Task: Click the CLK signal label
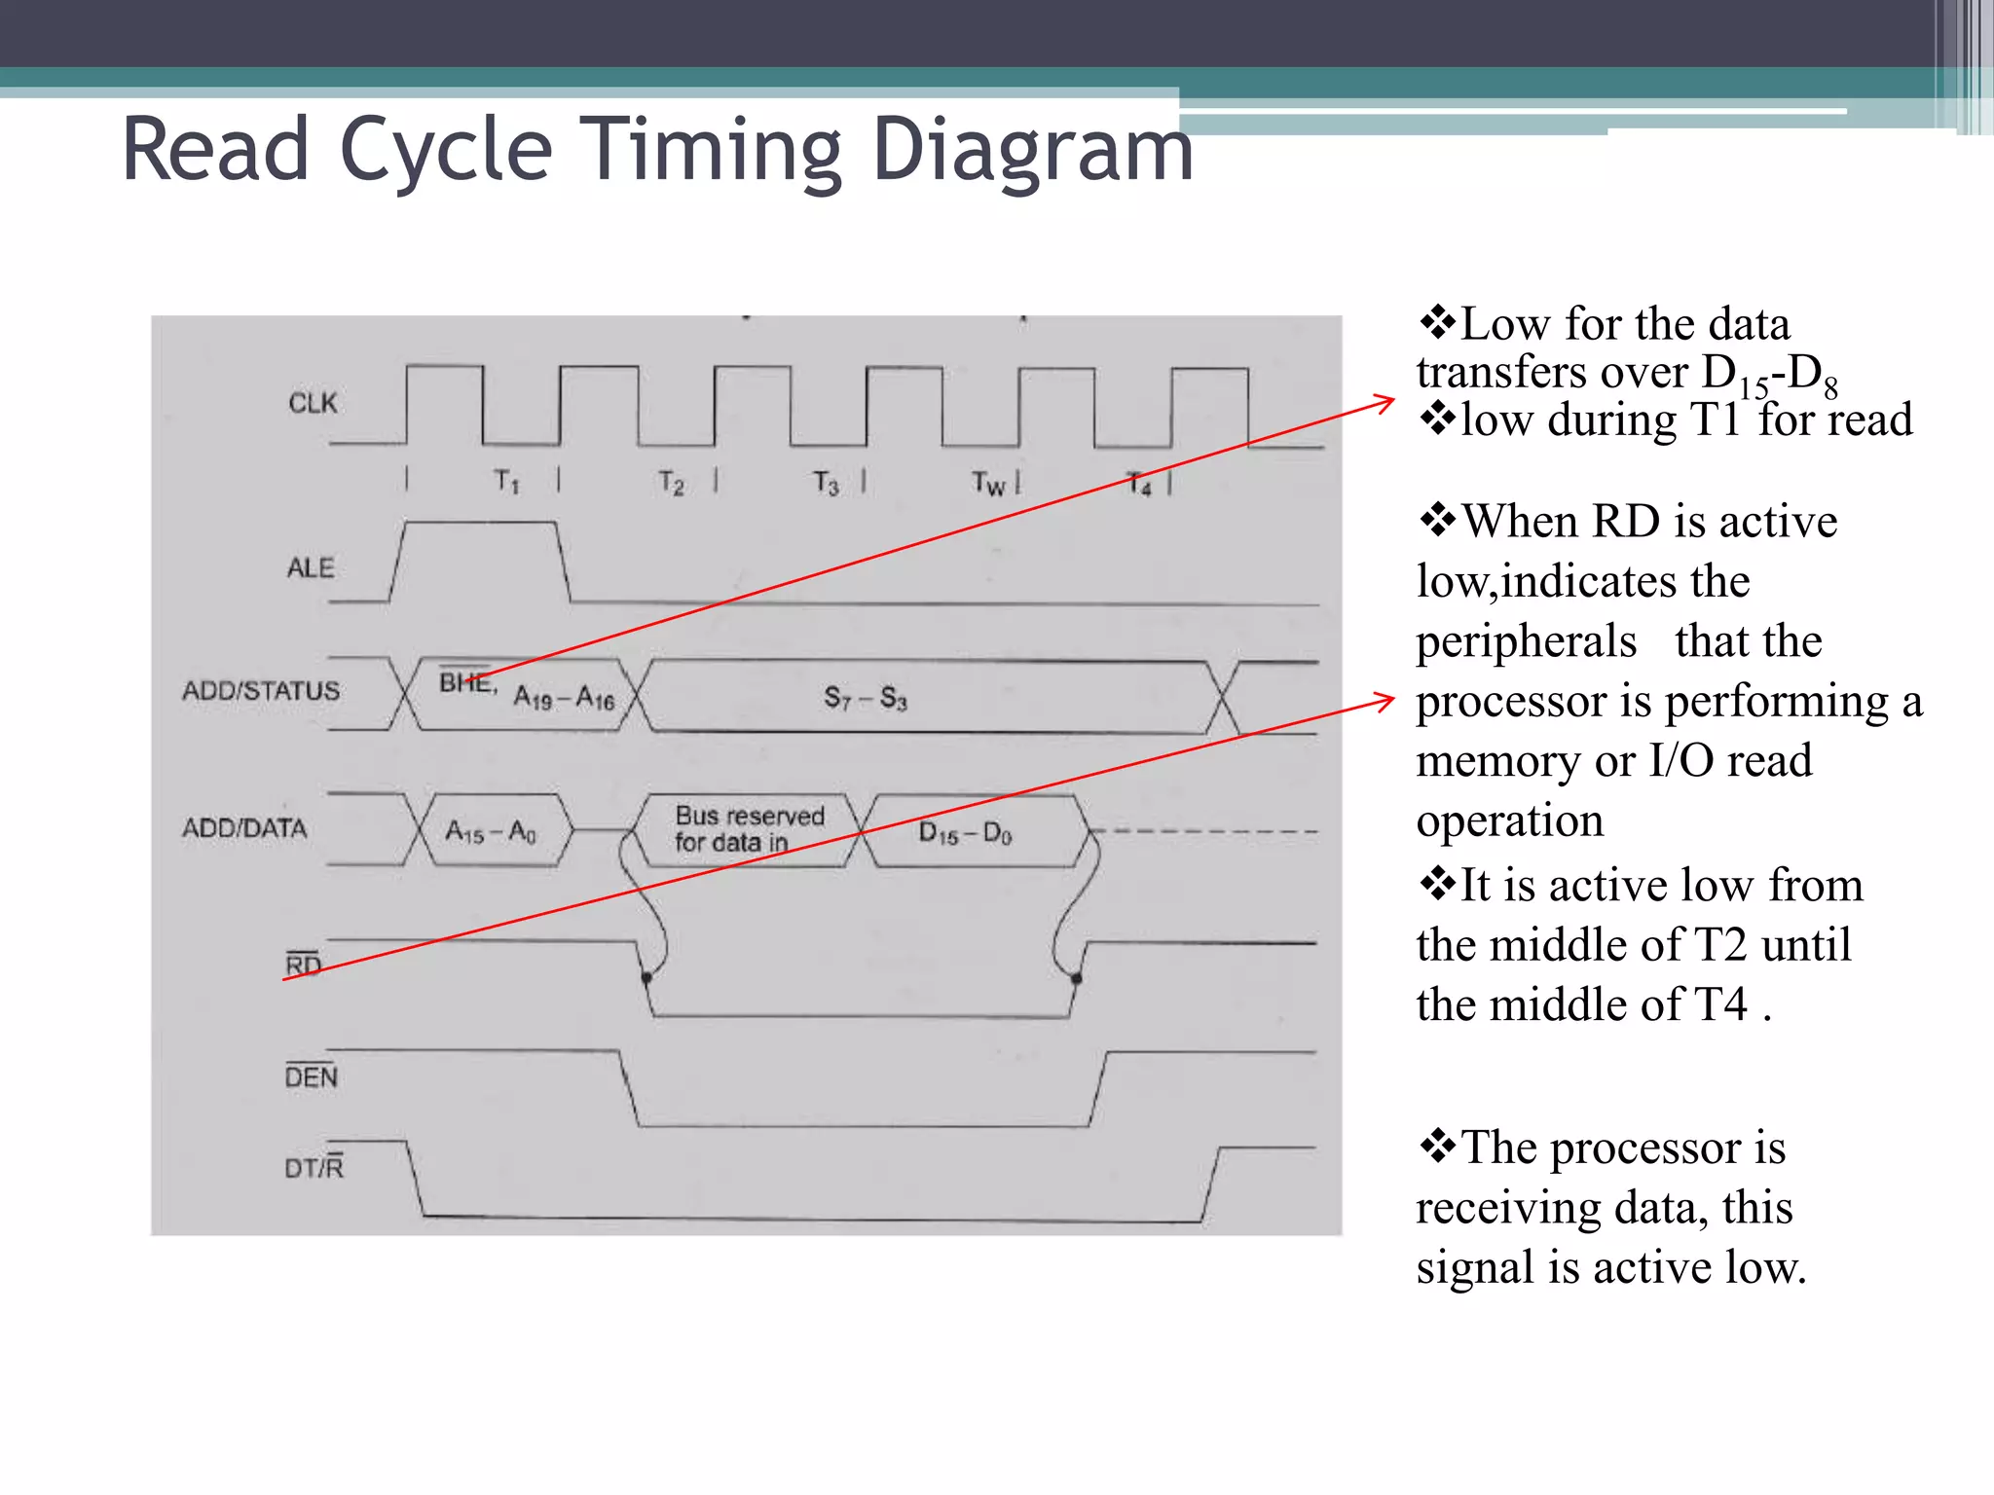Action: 313,403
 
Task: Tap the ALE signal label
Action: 311,567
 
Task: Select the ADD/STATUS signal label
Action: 261,691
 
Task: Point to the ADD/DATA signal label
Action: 244,828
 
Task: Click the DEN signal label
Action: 312,1076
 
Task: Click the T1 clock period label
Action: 506,481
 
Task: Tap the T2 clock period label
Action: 672,483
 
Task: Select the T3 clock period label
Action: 826,483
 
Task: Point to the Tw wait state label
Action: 988,483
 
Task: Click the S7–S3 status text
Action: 866,698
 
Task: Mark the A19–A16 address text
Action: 565,698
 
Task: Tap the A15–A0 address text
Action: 491,832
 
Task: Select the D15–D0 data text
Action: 966,833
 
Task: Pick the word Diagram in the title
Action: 1032,151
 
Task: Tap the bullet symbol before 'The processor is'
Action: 1437,1146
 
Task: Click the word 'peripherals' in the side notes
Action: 1526,641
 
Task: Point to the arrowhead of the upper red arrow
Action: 1389,399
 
